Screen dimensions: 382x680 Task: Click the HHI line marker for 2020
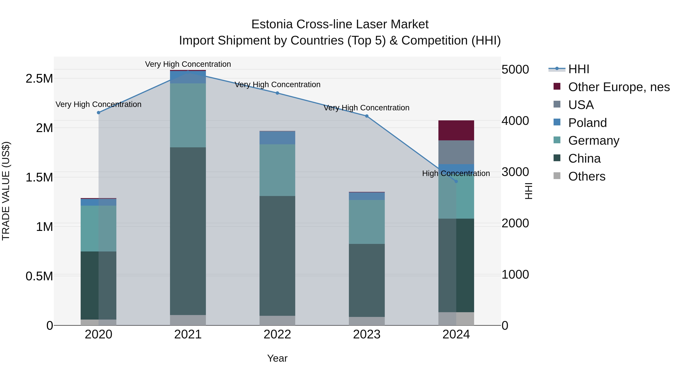98,113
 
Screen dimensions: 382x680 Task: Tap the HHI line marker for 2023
367,116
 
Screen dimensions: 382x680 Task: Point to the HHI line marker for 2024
456,181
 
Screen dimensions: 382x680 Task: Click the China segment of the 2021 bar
188,231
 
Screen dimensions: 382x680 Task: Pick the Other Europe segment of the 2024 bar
456,130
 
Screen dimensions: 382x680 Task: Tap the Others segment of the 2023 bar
367,321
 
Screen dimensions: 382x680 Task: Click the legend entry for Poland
587,123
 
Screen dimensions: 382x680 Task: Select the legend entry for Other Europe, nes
618,87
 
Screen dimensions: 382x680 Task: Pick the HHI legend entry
578,69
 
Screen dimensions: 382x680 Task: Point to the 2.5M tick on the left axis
39,78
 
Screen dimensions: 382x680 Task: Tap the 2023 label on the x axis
367,334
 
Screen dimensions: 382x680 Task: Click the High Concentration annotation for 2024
456,174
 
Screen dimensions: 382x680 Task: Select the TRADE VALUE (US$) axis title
6,191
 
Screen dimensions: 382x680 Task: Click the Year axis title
277,358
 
